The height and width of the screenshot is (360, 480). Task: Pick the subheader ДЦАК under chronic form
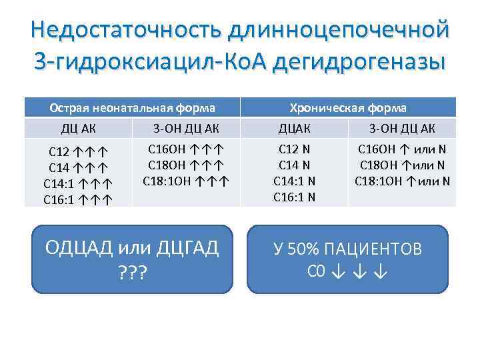294,129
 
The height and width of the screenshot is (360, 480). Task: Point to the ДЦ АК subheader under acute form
78,129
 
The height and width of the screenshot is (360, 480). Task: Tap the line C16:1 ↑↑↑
78,199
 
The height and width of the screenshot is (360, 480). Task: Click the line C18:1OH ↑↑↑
186,180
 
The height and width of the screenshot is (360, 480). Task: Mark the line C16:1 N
294,196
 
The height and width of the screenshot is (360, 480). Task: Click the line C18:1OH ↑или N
402,180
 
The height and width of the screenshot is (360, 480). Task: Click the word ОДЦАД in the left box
78,249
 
